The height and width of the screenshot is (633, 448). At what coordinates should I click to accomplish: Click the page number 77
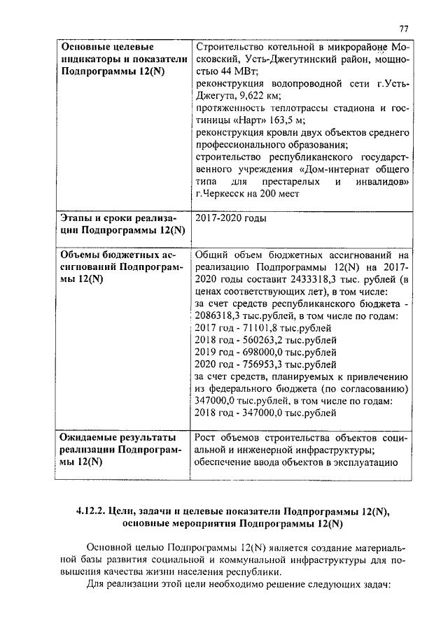click(x=404, y=28)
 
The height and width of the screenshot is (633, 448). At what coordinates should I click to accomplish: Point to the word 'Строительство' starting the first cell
click(x=229, y=47)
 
